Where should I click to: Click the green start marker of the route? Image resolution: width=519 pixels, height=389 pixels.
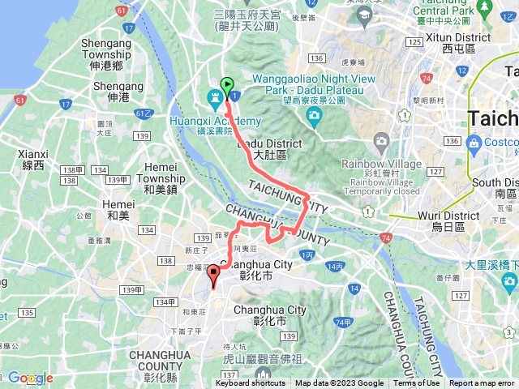pyautogui.click(x=227, y=84)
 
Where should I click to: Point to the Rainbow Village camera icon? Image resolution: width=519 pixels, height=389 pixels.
pyautogui.click(x=382, y=143)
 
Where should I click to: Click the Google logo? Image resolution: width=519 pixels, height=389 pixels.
pyautogui.click(x=30, y=378)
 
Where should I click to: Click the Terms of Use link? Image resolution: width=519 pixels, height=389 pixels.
pyautogui.click(x=416, y=383)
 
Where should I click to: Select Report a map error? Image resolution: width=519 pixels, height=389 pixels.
pyautogui.click(x=482, y=383)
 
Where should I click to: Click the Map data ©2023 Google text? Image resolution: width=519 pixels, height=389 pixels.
pyautogui.click(x=339, y=383)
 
